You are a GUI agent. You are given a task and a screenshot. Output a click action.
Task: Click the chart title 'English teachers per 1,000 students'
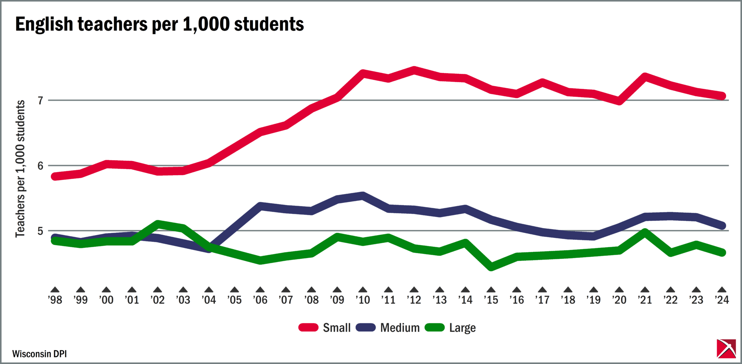(159, 24)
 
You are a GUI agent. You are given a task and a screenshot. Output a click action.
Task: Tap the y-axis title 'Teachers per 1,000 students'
(20, 169)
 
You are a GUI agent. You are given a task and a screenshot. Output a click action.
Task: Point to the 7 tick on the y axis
(41, 101)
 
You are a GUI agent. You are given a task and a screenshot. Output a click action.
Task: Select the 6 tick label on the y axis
(41, 166)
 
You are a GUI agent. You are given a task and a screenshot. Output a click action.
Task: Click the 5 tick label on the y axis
(41, 231)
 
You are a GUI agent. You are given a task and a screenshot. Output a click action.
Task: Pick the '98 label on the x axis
(55, 300)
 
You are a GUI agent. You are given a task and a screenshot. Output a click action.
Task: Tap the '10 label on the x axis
(362, 300)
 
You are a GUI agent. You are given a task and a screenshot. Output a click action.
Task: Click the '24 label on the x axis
(722, 300)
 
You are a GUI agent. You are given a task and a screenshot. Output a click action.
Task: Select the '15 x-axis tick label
(491, 300)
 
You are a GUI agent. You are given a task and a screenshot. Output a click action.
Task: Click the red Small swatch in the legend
(308, 328)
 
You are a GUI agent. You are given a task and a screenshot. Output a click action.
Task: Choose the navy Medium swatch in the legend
(366, 328)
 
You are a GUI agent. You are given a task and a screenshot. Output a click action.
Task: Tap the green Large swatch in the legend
(435, 328)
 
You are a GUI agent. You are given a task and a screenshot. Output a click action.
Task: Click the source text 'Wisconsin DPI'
(39, 354)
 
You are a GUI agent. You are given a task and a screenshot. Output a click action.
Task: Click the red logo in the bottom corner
(726, 349)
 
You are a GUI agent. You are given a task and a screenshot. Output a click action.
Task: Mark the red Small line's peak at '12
(414, 70)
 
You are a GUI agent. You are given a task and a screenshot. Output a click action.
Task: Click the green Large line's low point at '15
(491, 267)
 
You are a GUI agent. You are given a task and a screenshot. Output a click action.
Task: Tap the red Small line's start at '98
(55, 176)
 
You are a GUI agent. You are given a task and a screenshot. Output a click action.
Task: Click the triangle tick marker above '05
(235, 290)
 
